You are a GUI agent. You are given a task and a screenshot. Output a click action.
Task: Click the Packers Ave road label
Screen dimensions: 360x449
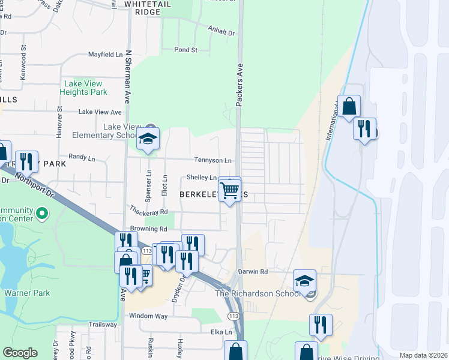pos(239,85)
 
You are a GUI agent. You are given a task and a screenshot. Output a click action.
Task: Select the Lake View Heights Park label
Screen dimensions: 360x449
pos(83,88)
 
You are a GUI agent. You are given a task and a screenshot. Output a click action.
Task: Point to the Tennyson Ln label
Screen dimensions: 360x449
pos(212,160)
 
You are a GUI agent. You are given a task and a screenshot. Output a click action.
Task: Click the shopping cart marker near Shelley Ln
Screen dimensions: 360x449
pos(230,190)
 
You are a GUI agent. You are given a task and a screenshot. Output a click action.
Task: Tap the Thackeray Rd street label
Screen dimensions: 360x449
pos(147,211)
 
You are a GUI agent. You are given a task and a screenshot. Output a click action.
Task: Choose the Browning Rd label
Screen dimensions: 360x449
pos(148,229)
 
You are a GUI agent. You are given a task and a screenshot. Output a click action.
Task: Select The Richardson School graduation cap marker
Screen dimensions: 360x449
pos(304,280)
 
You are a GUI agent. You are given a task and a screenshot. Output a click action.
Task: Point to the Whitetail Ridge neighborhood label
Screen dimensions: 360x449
pos(143,8)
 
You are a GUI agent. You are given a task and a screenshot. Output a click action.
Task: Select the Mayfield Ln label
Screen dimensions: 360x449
pos(105,55)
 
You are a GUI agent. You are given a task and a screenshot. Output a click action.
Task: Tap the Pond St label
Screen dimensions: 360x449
pos(185,50)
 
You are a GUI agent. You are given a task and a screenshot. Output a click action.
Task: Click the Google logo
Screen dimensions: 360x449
pos(20,353)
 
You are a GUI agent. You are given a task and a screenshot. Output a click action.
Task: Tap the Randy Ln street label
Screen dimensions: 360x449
pos(82,157)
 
